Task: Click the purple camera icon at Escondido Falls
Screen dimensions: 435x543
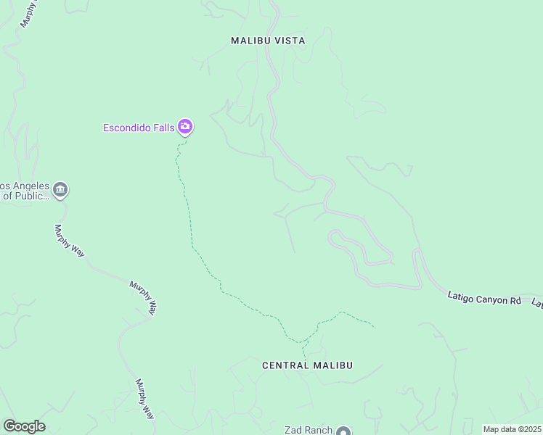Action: (x=185, y=128)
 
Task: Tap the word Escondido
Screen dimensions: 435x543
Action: (x=128, y=128)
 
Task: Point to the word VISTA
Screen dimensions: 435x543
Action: (x=289, y=41)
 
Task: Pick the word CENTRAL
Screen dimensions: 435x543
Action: (x=286, y=365)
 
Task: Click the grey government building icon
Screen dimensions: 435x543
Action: (x=60, y=191)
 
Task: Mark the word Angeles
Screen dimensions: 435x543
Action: (x=25, y=186)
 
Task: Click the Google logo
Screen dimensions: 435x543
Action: (x=24, y=426)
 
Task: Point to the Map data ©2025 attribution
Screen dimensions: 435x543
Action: (x=512, y=429)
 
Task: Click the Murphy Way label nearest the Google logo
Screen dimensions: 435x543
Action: (x=145, y=398)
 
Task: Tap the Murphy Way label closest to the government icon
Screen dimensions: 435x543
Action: (x=70, y=240)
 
